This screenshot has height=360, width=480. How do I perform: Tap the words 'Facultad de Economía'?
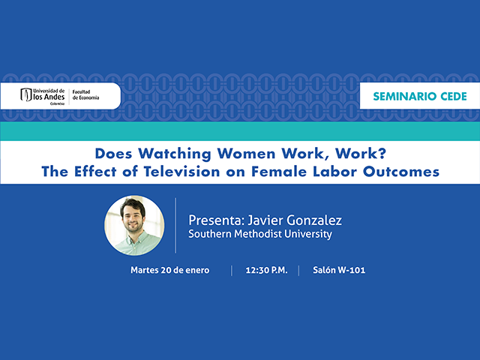[x=91, y=96]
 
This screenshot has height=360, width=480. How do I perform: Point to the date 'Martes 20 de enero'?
[x=169, y=270]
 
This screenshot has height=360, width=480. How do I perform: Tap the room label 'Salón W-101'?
[x=339, y=270]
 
